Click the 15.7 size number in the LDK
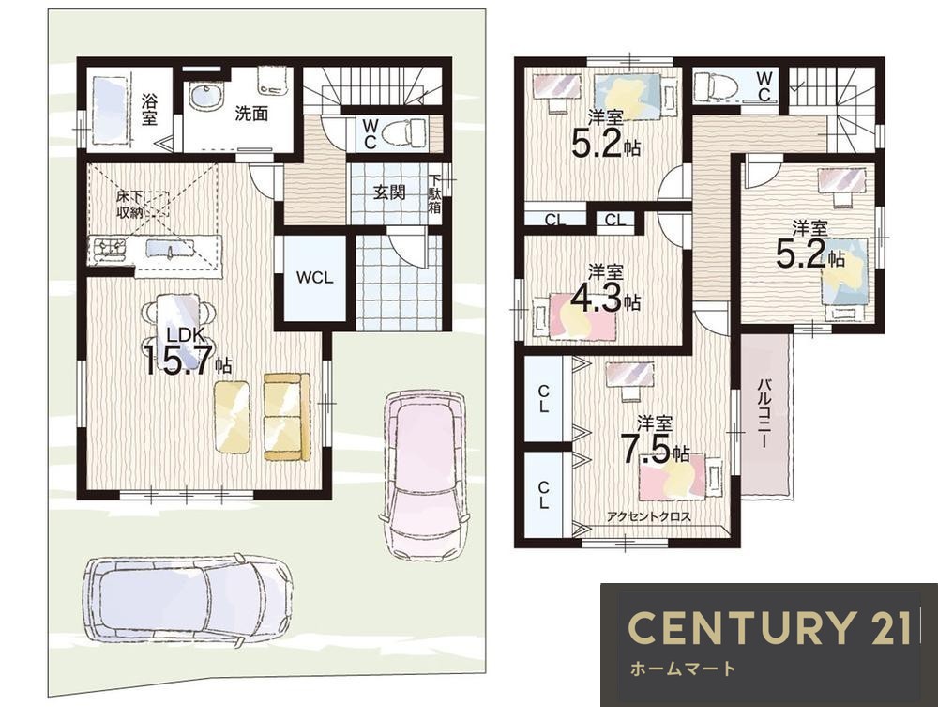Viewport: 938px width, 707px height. click(178, 361)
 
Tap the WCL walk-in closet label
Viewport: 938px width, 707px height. click(314, 278)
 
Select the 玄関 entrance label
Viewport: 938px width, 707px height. click(389, 192)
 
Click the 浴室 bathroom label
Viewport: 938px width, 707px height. click(149, 110)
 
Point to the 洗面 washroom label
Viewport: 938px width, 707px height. click(251, 114)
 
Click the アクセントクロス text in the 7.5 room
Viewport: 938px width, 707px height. click(649, 516)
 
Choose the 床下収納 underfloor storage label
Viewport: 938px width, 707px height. click(129, 204)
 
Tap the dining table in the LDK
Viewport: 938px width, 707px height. click(178, 330)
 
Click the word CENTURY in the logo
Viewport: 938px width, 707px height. click(742, 628)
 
